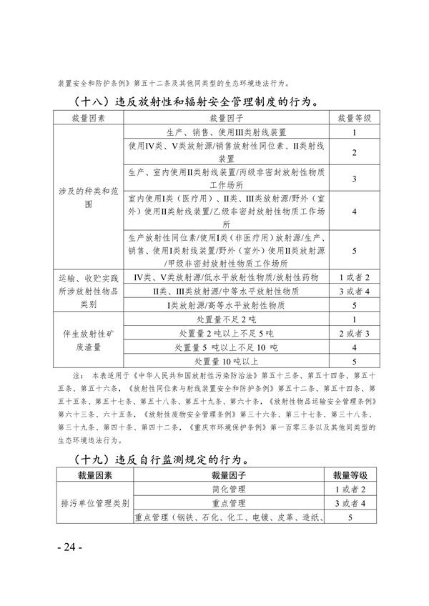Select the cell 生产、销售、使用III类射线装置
[226, 132]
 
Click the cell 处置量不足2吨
[226, 319]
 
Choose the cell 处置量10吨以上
[226, 361]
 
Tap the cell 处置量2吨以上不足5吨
[226, 333]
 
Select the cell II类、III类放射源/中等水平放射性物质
[226, 292]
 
